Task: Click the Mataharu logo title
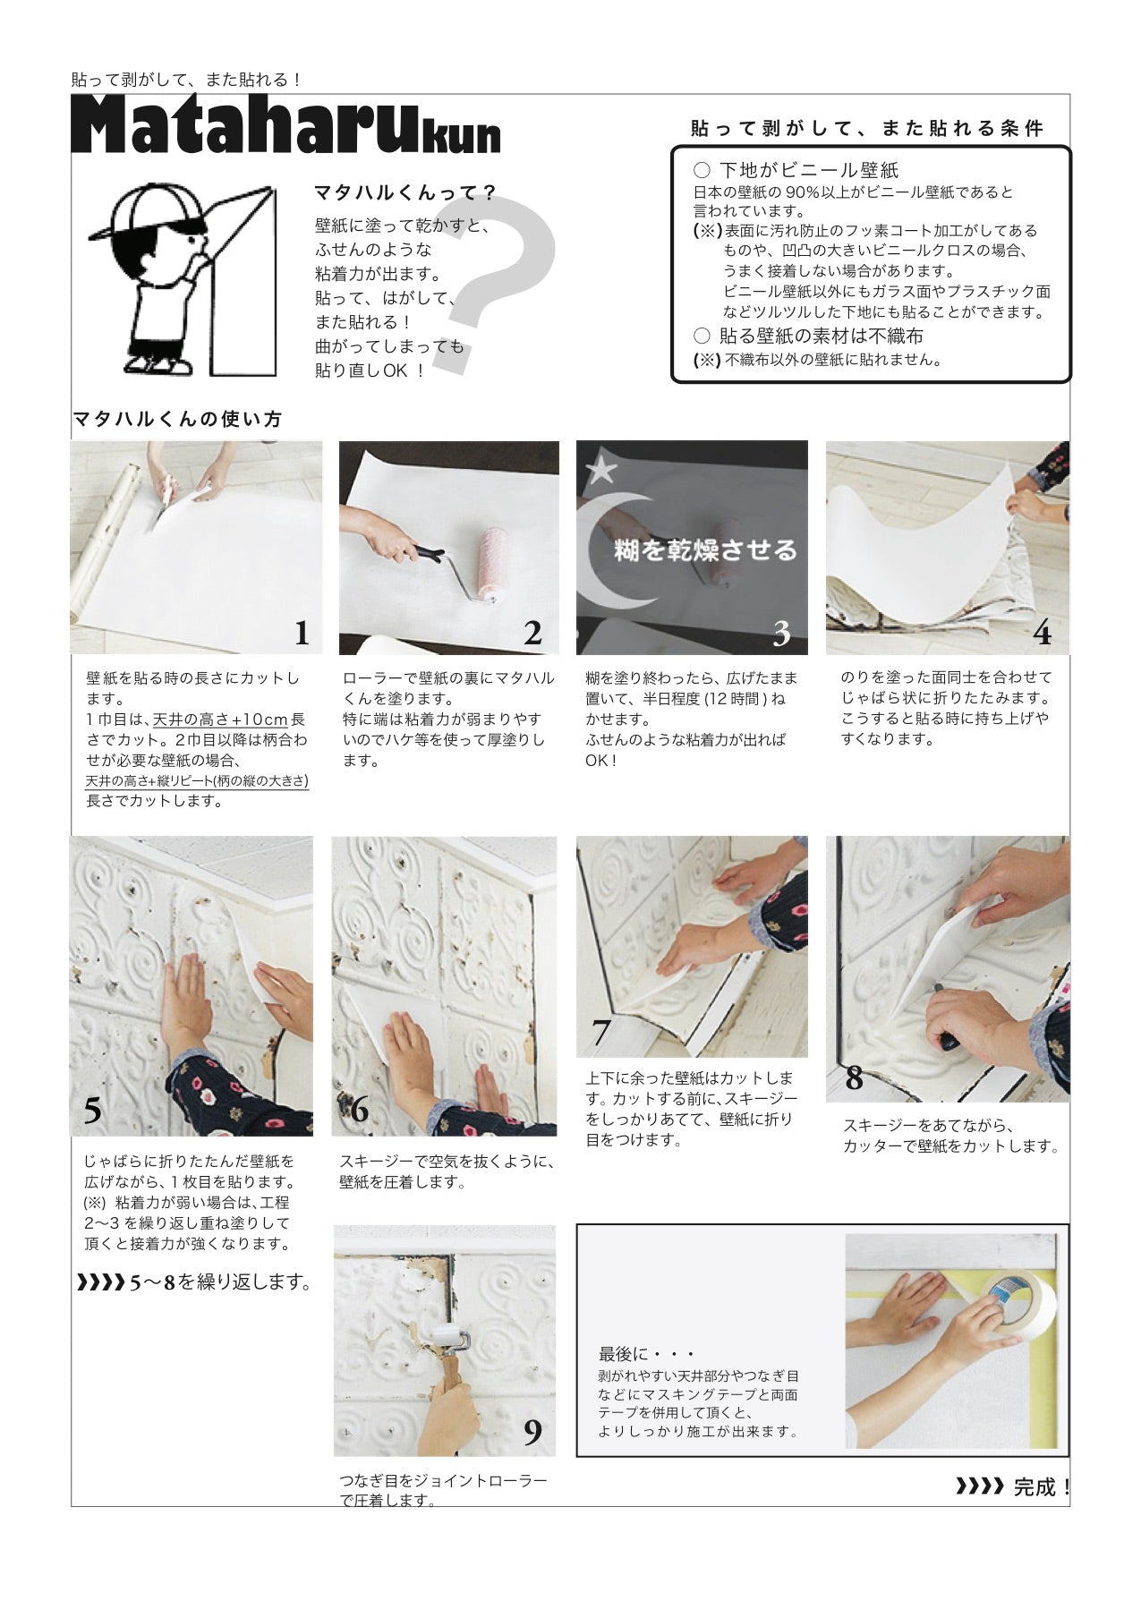[286, 127]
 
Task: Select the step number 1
[302, 634]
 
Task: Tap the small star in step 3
[604, 467]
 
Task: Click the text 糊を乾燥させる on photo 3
[705, 549]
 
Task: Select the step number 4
[1042, 634]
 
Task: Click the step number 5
[93, 1111]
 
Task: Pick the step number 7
[601, 1034]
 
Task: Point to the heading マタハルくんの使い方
[177, 419]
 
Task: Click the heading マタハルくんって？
[404, 193]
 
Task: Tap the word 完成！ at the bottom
[1042, 1487]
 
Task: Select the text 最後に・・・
[646, 1354]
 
